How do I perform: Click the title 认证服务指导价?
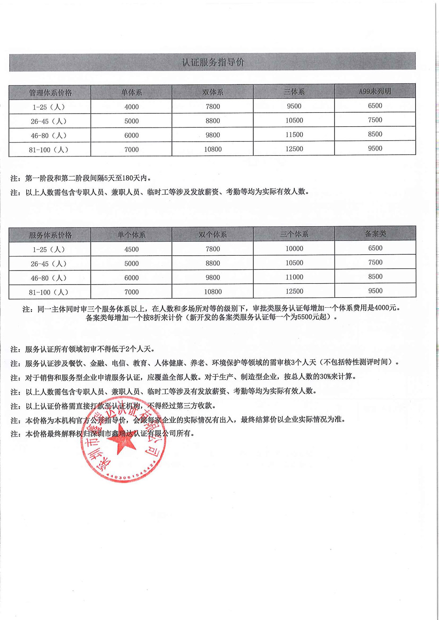212,62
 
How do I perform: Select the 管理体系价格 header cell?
50,93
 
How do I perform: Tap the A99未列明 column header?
375,91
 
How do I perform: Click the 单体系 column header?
131,93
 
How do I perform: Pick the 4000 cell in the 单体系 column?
131,107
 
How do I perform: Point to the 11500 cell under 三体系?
294,135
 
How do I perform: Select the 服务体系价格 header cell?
50,235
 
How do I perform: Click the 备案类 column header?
375,234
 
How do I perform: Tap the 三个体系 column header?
294,234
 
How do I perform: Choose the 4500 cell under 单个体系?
131,249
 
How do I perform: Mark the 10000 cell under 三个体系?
294,249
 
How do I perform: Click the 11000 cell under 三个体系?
294,277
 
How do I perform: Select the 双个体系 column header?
212,235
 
